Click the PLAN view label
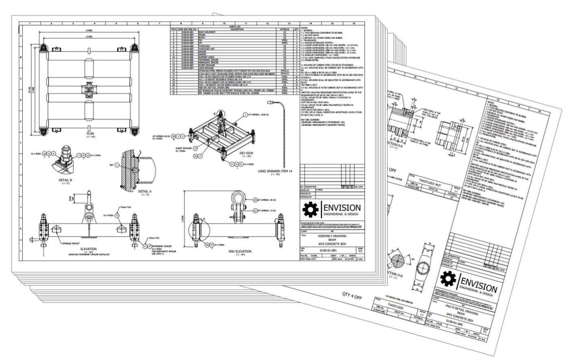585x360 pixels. pos(90,133)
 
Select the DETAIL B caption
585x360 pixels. pos(65,179)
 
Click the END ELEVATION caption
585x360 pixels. pos(240,252)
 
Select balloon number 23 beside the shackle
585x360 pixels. pos(255,200)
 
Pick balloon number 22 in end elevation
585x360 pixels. pos(255,210)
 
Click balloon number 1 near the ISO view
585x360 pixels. pos(245,115)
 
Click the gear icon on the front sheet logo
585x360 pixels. pos(311,209)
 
